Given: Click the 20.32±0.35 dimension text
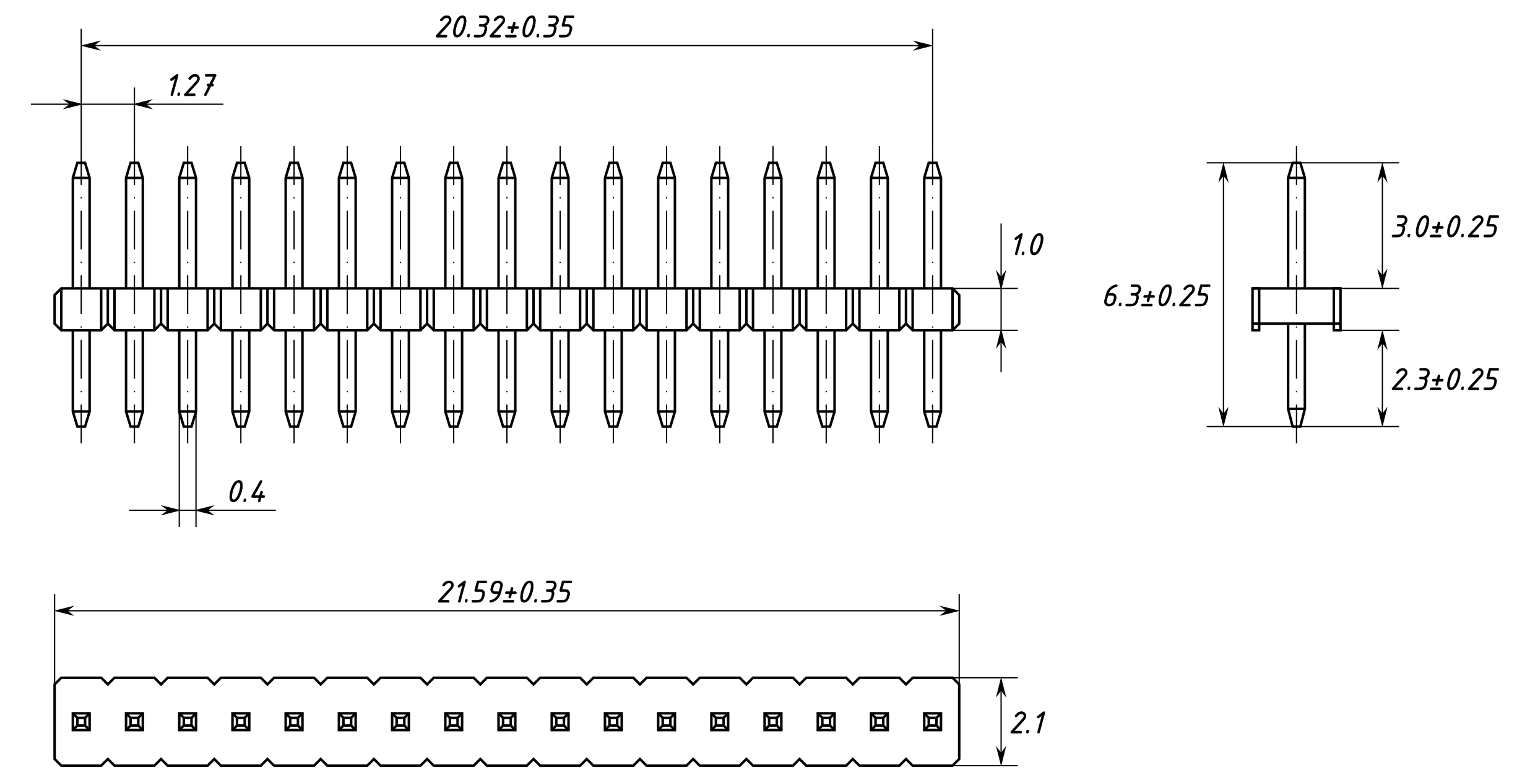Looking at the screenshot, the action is (x=504, y=28).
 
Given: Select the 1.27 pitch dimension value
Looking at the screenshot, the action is (x=192, y=86).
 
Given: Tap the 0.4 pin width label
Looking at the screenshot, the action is (x=246, y=492).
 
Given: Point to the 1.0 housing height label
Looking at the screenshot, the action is (x=1027, y=245).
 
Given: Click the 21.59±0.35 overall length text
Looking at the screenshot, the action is (x=504, y=592).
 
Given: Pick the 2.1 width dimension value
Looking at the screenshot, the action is (x=1028, y=723).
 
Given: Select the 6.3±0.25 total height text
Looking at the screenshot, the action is (x=1156, y=297).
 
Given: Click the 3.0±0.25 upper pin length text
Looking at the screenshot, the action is (x=1445, y=228).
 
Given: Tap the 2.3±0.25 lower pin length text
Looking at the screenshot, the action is (x=1445, y=380).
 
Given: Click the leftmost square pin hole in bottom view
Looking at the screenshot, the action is (x=81, y=722).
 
